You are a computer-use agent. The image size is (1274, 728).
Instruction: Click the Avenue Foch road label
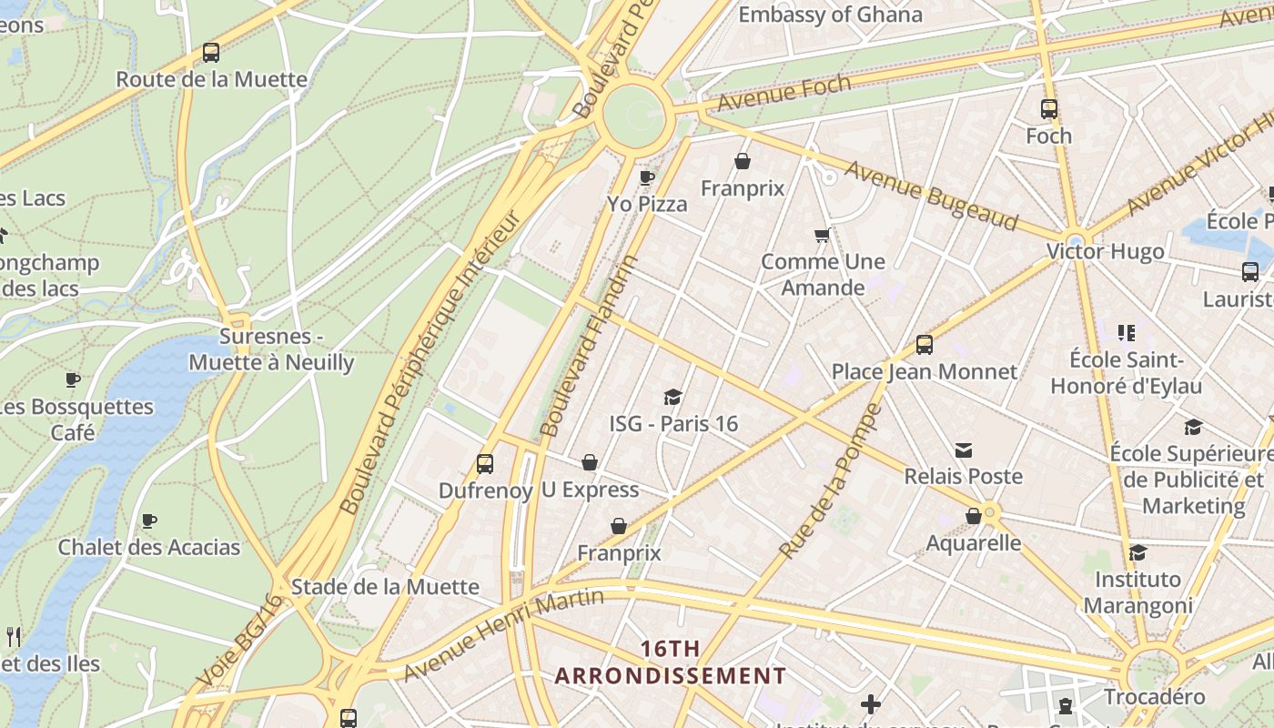(784, 92)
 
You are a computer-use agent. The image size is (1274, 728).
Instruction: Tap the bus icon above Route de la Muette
(211, 53)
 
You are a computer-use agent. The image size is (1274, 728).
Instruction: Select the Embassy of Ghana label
(830, 15)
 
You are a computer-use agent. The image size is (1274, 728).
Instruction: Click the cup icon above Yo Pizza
(647, 177)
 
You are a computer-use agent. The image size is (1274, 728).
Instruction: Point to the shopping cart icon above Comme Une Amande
(823, 236)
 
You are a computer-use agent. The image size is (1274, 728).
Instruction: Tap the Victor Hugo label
(1105, 251)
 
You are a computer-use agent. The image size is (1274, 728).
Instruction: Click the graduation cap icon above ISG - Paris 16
(673, 397)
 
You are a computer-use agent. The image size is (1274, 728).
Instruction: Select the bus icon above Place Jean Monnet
(925, 345)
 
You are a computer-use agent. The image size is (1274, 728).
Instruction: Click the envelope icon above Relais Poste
(964, 450)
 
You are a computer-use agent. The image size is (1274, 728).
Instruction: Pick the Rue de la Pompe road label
(831, 481)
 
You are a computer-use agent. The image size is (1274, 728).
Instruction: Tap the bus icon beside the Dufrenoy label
(485, 464)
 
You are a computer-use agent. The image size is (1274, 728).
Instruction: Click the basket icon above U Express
(590, 463)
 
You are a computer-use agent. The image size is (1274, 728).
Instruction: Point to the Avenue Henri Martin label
(503, 634)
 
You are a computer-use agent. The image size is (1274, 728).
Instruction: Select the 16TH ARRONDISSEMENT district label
(671, 662)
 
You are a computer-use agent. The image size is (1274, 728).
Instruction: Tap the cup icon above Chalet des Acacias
(149, 521)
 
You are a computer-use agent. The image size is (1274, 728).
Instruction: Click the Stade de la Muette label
(385, 587)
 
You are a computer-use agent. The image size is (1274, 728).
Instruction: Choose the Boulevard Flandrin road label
(590, 346)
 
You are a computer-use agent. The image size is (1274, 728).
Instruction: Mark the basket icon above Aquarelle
(974, 517)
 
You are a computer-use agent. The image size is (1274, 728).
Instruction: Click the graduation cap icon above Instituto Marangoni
(1137, 553)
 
